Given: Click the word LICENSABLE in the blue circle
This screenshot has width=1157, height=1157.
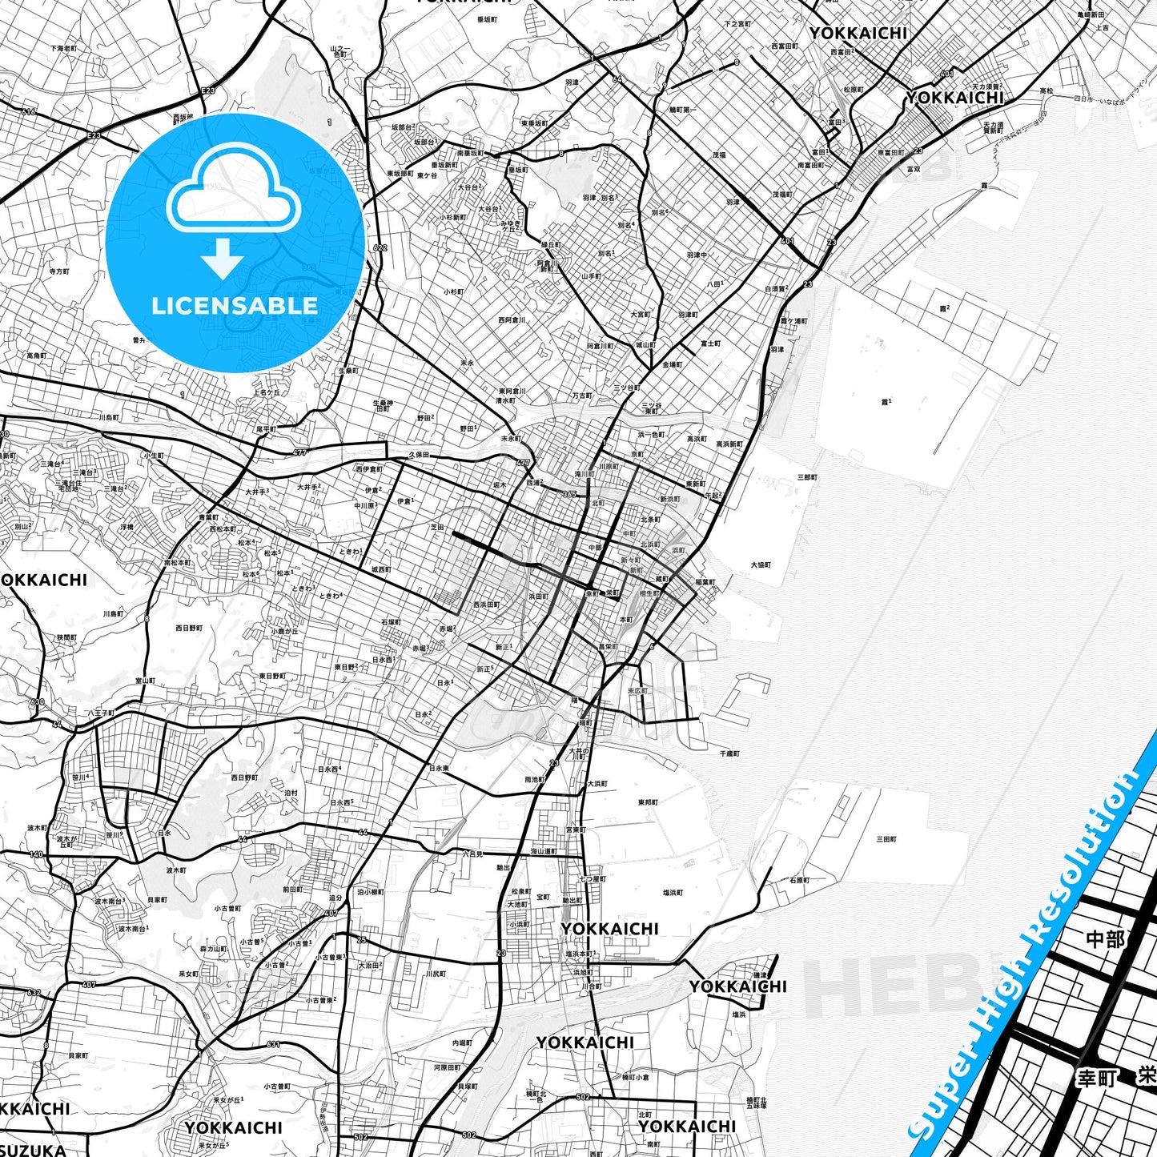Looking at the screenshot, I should coord(235,305).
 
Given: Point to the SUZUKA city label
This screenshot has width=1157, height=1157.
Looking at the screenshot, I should coord(32,1148).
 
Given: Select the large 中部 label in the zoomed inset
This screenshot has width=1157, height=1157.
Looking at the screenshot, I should coord(1105,939).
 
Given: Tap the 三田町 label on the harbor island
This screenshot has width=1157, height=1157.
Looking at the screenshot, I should coord(886,839).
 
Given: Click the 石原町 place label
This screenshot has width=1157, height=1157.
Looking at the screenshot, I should coord(798,880).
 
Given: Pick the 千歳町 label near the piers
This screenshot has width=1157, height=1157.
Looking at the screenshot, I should coord(729,753).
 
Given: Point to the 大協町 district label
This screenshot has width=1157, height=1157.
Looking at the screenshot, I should coord(761,564).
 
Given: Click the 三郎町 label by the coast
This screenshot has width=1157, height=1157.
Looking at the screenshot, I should coord(807,477).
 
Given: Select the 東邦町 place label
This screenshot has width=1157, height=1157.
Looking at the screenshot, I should coord(648,801).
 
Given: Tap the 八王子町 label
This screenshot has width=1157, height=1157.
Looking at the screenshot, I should coord(100,712).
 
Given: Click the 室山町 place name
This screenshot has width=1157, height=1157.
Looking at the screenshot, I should coord(145,681).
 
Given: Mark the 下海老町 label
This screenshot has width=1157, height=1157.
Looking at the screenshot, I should coord(64,49).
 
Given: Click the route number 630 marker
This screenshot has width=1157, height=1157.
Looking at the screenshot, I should coord(38,702).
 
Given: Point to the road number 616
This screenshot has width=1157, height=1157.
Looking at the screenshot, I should coord(29,112).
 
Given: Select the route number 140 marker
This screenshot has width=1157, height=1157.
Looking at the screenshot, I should coord(37,854).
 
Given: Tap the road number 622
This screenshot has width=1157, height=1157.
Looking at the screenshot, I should coord(380,247).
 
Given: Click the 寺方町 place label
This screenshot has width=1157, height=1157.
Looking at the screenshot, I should coord(59,271).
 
